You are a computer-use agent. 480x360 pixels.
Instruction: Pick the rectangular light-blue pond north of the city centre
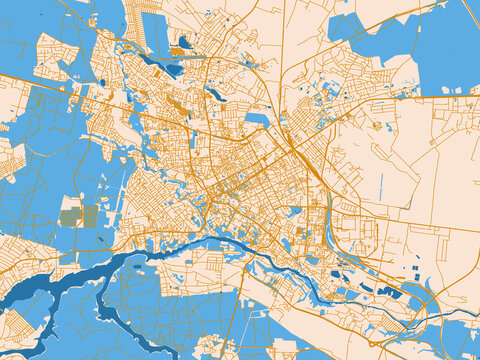[x=258, y=119]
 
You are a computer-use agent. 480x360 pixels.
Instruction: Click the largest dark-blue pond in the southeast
[x=388, y=291]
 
